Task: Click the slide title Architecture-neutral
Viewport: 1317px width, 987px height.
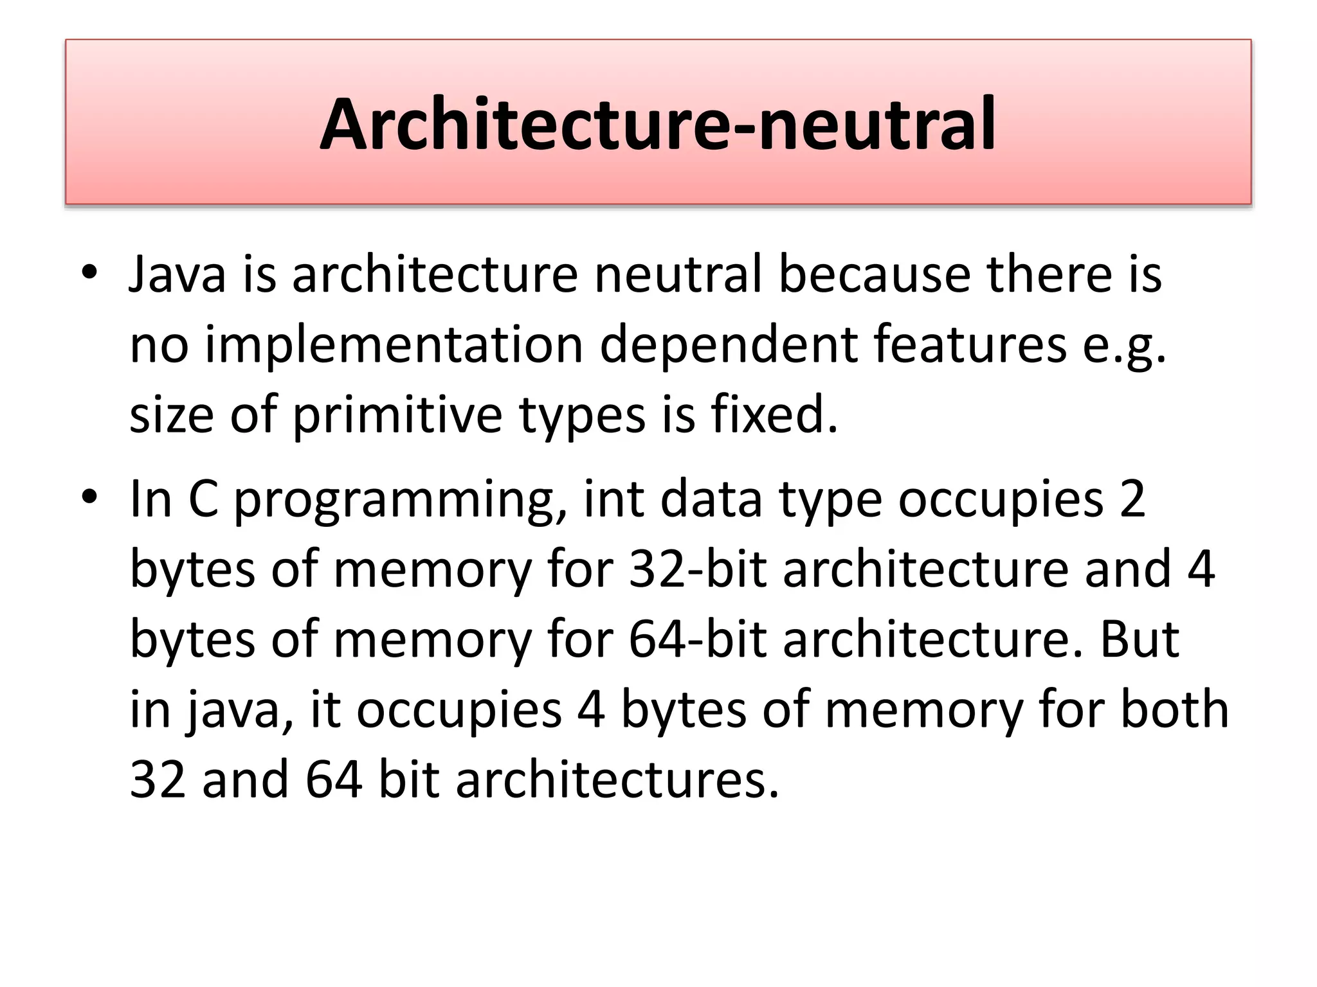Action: click(x=657, y=123)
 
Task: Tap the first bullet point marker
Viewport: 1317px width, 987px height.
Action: click(x=89, y=272)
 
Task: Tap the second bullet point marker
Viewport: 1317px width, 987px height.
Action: click(x=89, y=497)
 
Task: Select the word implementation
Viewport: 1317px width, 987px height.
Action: click(x=394, y=346)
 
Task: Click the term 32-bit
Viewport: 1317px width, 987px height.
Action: click(x=698, y=569)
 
